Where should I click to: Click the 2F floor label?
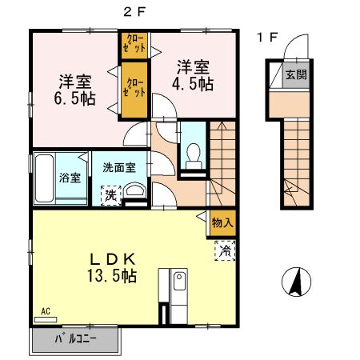(133, 10)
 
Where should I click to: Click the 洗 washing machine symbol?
(107, 194)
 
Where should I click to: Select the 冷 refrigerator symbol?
(224, 251)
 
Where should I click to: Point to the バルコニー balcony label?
(75, 339)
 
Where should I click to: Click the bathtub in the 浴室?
(45, 178)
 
